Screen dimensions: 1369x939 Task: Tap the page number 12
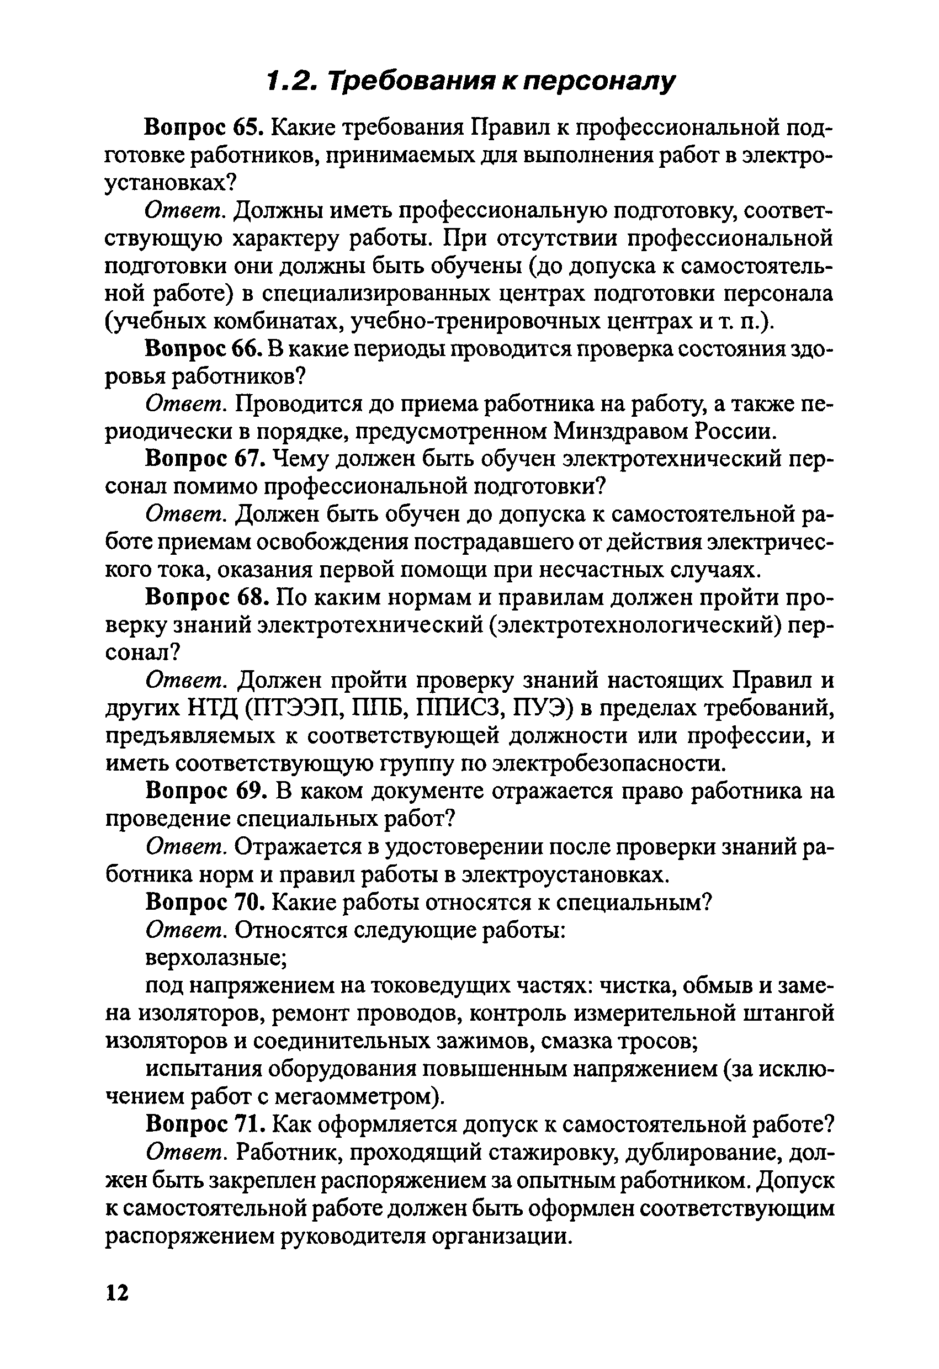tap(117, 1292)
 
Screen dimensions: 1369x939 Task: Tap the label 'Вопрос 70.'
tap(205, 902)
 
